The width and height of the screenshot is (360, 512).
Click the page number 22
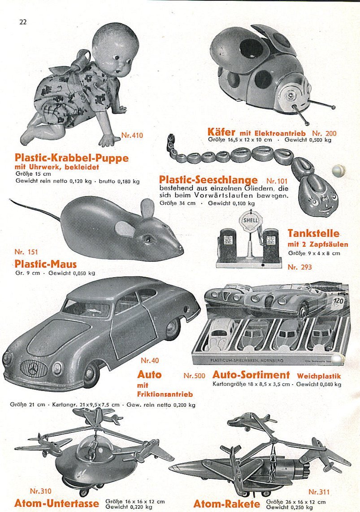coord(23,22)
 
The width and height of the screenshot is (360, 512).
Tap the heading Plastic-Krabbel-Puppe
coord(72,158)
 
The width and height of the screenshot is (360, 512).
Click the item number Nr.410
coord(132,135)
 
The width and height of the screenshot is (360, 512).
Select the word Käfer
coord(221,132)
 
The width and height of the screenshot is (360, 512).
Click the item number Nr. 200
coord(324,133)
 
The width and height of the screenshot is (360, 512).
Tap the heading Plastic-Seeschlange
coord(208,180)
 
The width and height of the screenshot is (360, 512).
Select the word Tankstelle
coord(313,233)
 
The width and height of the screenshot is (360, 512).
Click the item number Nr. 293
coord(299,267)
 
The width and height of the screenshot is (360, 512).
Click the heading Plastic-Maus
coord(46,264)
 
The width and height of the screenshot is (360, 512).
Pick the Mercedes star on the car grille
coord(34,370)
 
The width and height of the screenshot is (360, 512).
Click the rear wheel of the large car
coord(173,328)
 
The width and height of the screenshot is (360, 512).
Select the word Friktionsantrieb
coord(165,394)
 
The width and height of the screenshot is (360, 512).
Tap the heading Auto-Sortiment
coord(251,375)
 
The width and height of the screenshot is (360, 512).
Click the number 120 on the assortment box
coord(339,301)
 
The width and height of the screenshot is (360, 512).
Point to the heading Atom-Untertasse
coord(56,503)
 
